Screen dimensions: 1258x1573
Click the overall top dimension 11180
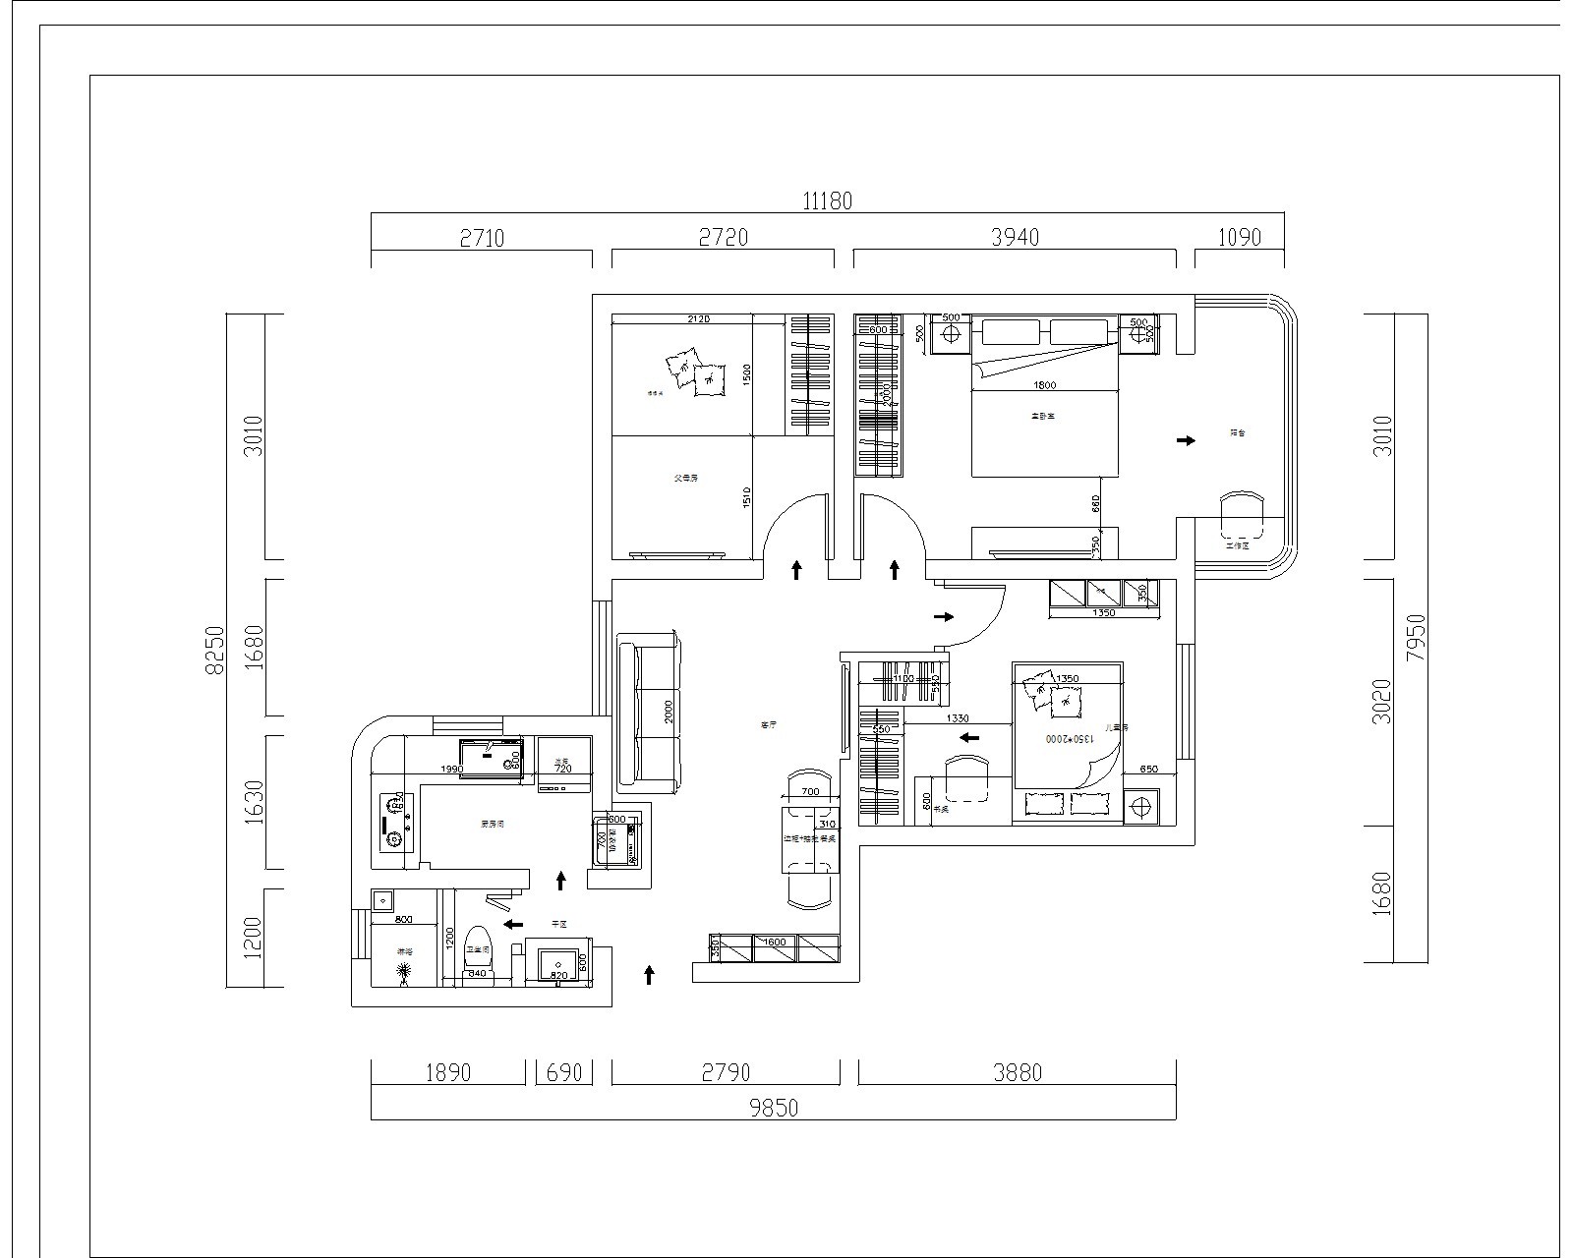827,201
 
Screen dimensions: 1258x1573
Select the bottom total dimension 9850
774,1109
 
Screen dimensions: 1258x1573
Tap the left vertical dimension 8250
215,650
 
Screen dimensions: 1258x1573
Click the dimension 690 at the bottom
564,1072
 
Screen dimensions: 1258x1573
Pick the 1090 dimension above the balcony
1239,238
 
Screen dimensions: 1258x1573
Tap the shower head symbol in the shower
403,973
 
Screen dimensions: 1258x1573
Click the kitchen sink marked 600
492,756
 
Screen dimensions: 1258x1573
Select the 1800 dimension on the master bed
1045,384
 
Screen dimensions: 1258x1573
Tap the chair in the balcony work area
1241,516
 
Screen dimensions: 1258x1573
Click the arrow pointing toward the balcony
1187,440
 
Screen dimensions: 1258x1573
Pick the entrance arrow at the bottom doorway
649,974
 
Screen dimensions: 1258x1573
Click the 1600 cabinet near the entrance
775,946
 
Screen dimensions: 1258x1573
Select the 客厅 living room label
769,724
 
